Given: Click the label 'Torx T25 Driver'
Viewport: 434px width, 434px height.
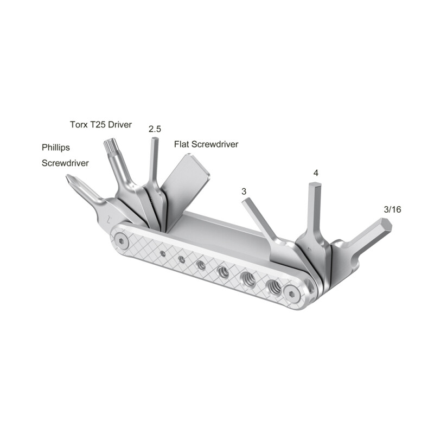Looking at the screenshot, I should click(101, 124).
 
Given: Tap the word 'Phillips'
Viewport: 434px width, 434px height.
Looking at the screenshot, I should click(56, 147).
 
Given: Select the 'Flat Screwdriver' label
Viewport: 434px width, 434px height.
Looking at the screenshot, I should click(206, 144).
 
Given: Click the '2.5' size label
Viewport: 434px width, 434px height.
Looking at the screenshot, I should click(155, 129).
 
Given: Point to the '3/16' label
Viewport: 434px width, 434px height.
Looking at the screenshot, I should click(392, 209).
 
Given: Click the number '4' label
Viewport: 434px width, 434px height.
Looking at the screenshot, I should click(315, 173).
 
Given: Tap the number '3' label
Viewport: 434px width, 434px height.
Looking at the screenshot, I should click(244, 192).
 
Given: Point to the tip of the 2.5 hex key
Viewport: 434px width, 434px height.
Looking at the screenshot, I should click(155, 141).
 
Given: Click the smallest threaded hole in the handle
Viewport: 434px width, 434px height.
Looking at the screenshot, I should click(163, 253).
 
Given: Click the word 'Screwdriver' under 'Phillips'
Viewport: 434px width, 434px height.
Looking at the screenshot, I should click(65, 162).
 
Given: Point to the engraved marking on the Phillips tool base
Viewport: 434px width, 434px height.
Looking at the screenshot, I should click(110, 220).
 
